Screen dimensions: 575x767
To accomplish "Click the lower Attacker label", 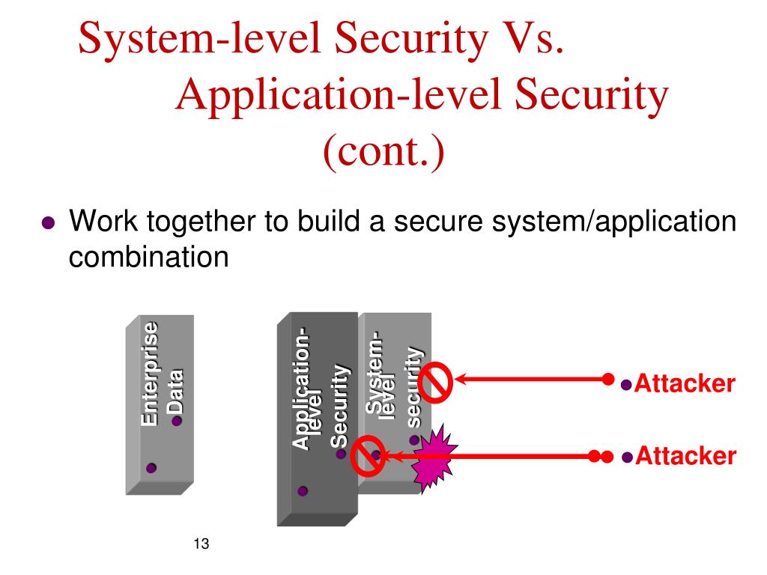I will pos(685,456).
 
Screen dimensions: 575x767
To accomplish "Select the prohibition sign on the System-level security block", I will pos(435,383).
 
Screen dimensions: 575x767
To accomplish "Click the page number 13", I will pos(200,544).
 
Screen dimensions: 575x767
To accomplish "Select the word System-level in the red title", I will pos(207,38).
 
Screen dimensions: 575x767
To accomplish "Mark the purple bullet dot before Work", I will pos(49,224).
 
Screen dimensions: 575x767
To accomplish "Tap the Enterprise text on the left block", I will pos(150,374).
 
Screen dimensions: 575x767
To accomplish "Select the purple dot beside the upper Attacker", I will pos(628,385).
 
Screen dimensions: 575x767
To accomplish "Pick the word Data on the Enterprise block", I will pos(175,389).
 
